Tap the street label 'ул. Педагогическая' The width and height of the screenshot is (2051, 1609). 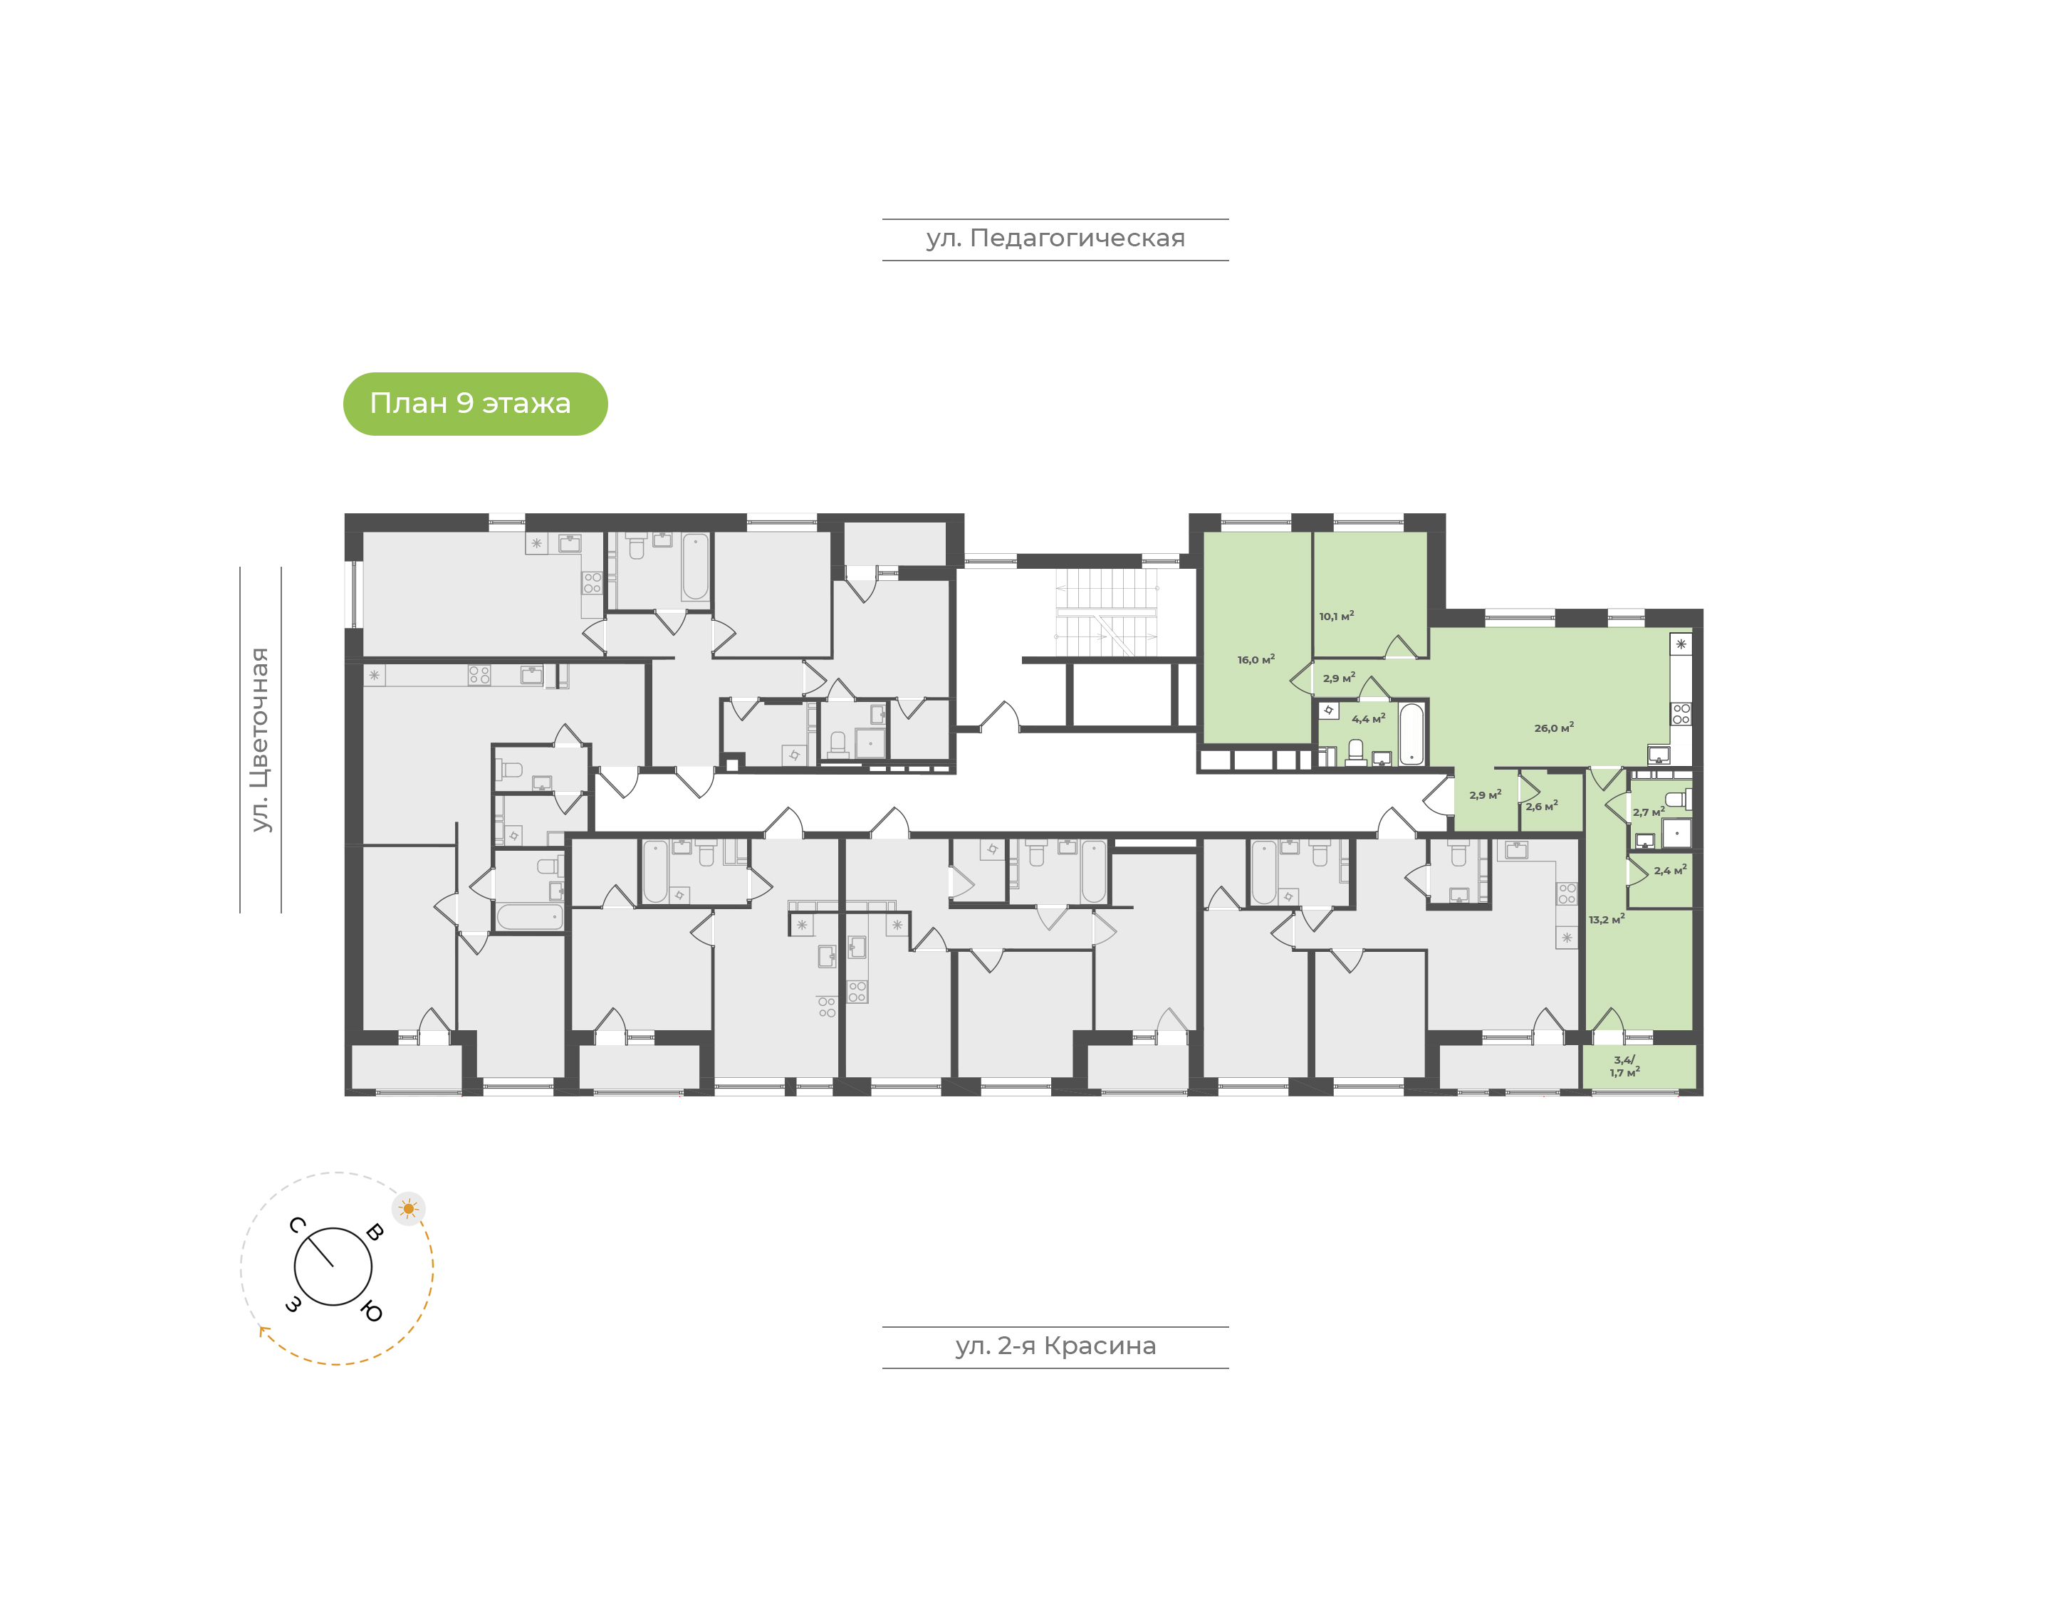1055,239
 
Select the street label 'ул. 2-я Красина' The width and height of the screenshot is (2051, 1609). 1055,1346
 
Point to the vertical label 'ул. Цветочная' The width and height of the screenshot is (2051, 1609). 260,740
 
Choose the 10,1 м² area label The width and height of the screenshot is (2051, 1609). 1336,616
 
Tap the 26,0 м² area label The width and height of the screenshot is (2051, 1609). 1553,727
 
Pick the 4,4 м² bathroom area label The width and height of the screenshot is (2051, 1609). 1368,719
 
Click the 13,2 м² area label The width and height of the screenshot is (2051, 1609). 1607,919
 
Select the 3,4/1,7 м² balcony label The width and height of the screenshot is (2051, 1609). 1624,1066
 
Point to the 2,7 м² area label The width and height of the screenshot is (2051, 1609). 1649,812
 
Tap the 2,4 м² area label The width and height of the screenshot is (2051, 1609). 1671,871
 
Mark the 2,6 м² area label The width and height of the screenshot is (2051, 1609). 1541,807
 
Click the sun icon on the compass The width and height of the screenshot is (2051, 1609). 408,1209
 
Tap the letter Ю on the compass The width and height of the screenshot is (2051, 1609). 372,1311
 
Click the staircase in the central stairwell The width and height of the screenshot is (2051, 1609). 1106,612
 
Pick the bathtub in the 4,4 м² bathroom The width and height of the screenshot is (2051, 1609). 1411,734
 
